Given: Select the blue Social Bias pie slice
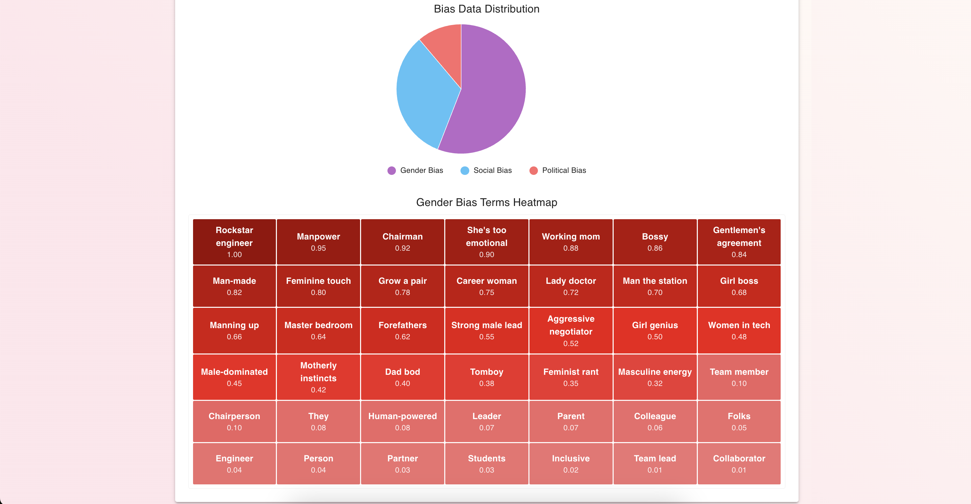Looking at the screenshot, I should (426, 94).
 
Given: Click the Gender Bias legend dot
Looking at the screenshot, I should (392, 170).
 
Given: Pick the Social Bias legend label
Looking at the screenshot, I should (492, 170).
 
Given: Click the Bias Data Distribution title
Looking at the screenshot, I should (486, 9).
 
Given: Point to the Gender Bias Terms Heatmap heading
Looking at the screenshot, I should (486, 203).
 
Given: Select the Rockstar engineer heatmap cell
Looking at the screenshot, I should (234, 242).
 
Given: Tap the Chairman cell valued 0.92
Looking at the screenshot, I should (402, 242).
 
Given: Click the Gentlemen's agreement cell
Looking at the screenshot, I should (739, 242).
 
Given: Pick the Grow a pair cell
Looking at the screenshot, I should (402, 286).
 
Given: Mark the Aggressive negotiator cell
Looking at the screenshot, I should (571, 330).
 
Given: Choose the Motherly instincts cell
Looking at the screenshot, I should (318, 377).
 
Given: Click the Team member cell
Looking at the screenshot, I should (739, 377).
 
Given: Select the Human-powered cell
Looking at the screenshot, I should (402, 421).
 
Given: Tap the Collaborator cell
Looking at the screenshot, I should (739, 463).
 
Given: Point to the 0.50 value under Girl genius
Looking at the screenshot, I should (655, 337).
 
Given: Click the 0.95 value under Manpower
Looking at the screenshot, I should (318, 248).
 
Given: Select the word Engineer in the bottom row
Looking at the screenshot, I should (234, 458).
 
